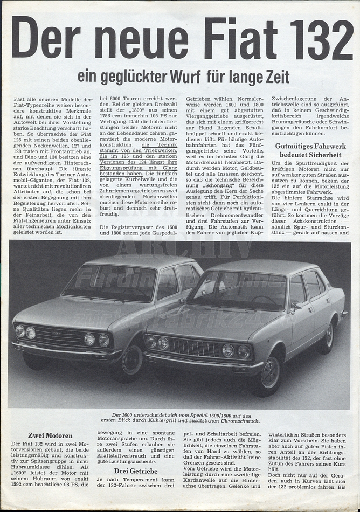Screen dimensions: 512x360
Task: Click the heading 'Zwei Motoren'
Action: click(50, 435)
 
